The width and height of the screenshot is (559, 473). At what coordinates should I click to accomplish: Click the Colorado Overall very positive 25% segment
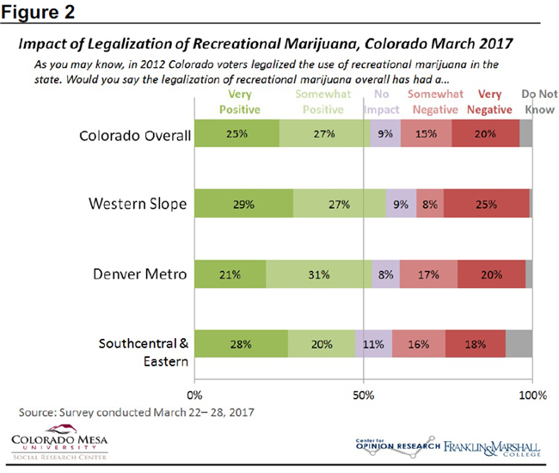236,134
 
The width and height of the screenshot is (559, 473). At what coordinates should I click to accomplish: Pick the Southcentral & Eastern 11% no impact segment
373,343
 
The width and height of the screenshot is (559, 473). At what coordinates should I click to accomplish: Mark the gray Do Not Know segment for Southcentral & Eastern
519,343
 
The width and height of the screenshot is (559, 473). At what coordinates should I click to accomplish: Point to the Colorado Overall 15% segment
424,134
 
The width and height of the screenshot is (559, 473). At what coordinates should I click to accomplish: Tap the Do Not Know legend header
526,101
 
